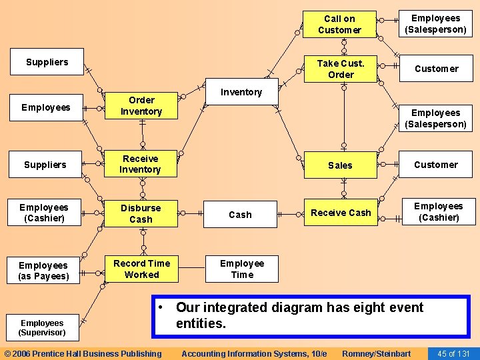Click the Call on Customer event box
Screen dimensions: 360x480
click(x=339, y=25)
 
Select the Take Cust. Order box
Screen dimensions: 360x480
click(x=340, y=69)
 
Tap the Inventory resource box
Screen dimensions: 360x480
click(x=241, y=92)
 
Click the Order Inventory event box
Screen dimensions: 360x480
click(x=141, y=106)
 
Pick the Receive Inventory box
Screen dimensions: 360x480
click(x=140, y=164)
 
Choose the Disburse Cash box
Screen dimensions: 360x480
click(x=141, y=213)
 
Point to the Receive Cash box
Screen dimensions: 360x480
click(x=341, y=213)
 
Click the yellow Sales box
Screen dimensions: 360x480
click(x=340, y=165)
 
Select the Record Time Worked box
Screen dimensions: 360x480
click(x=141, y=269)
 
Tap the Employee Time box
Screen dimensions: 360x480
click(x=241, y=269)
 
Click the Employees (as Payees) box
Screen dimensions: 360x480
click(x=43, y=271)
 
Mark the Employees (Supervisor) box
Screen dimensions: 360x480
click(x=41, y=327)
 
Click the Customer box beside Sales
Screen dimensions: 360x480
click(x=436, y=165)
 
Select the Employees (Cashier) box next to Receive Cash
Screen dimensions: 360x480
click(x=438, y=212)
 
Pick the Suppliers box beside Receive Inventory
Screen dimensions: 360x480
click(x=45, y=165)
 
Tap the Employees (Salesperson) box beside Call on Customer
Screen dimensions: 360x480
click(x=435, y=24)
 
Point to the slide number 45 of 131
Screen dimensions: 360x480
click(x=453, y=353)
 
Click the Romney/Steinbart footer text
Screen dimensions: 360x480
click(x=376, y=353)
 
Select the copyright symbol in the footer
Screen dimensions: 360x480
click(x=7, y=353)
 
